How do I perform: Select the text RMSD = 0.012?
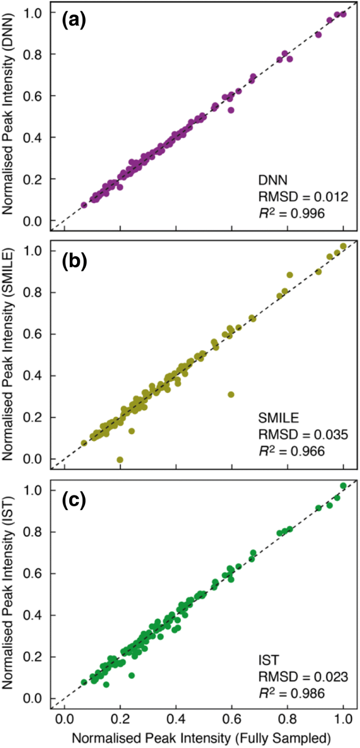tap(303, 197)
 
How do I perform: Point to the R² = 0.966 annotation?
tap(291, 451)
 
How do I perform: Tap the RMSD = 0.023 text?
tap(303, 676)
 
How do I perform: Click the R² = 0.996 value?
tap(291, 213)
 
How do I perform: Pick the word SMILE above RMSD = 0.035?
tap(278, 418)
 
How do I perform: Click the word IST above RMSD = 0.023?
tap(269, 660)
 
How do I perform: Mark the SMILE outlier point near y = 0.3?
tap(231, 395)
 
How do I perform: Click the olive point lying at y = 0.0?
tap(120, 460)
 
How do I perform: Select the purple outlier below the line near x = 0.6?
tap(231, 110)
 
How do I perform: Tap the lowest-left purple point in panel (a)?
tap(84, 205)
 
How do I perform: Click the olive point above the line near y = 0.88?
tap(289, 275)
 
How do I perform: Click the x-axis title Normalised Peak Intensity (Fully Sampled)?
tap(201, 738)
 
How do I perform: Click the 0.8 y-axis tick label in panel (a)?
tap(34, 54)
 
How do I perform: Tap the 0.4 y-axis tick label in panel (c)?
tap(34, 615)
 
